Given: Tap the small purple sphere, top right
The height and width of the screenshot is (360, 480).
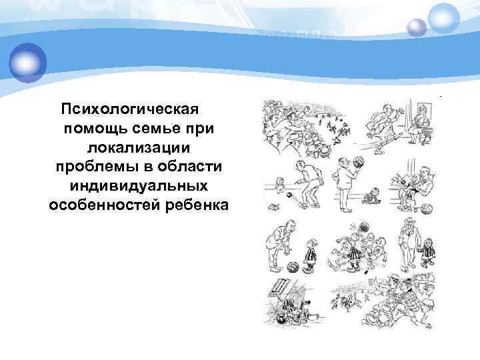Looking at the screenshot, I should point(417,27).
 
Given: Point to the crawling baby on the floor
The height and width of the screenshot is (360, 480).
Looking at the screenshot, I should point(371,198).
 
